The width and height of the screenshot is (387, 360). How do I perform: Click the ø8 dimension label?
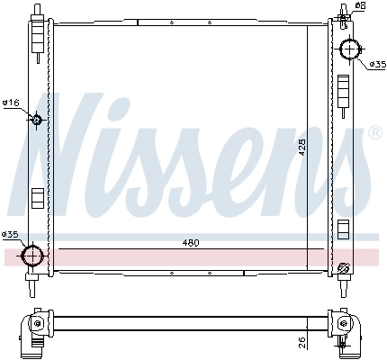[x=360, y=5]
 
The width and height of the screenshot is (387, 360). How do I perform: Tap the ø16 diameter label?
[x=11, y=103]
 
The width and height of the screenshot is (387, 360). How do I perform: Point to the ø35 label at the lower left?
[x=10, y=235]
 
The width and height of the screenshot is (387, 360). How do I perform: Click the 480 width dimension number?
[x=190, y=242]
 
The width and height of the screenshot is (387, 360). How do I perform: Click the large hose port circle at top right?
[x=348, y=49]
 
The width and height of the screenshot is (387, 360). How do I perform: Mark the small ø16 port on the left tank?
[x=37, y=121]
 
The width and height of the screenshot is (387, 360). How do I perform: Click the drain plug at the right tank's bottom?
[x=342, y=266]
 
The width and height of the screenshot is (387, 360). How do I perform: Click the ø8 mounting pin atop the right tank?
[x=345, y=11]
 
